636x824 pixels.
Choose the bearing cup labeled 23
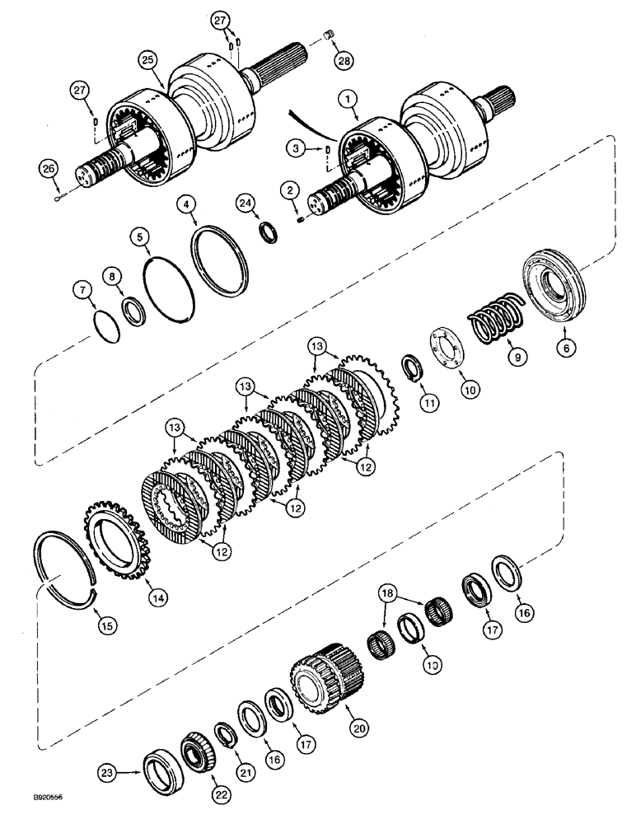tap(157, 770)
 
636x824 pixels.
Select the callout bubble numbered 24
tap(267, 201)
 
